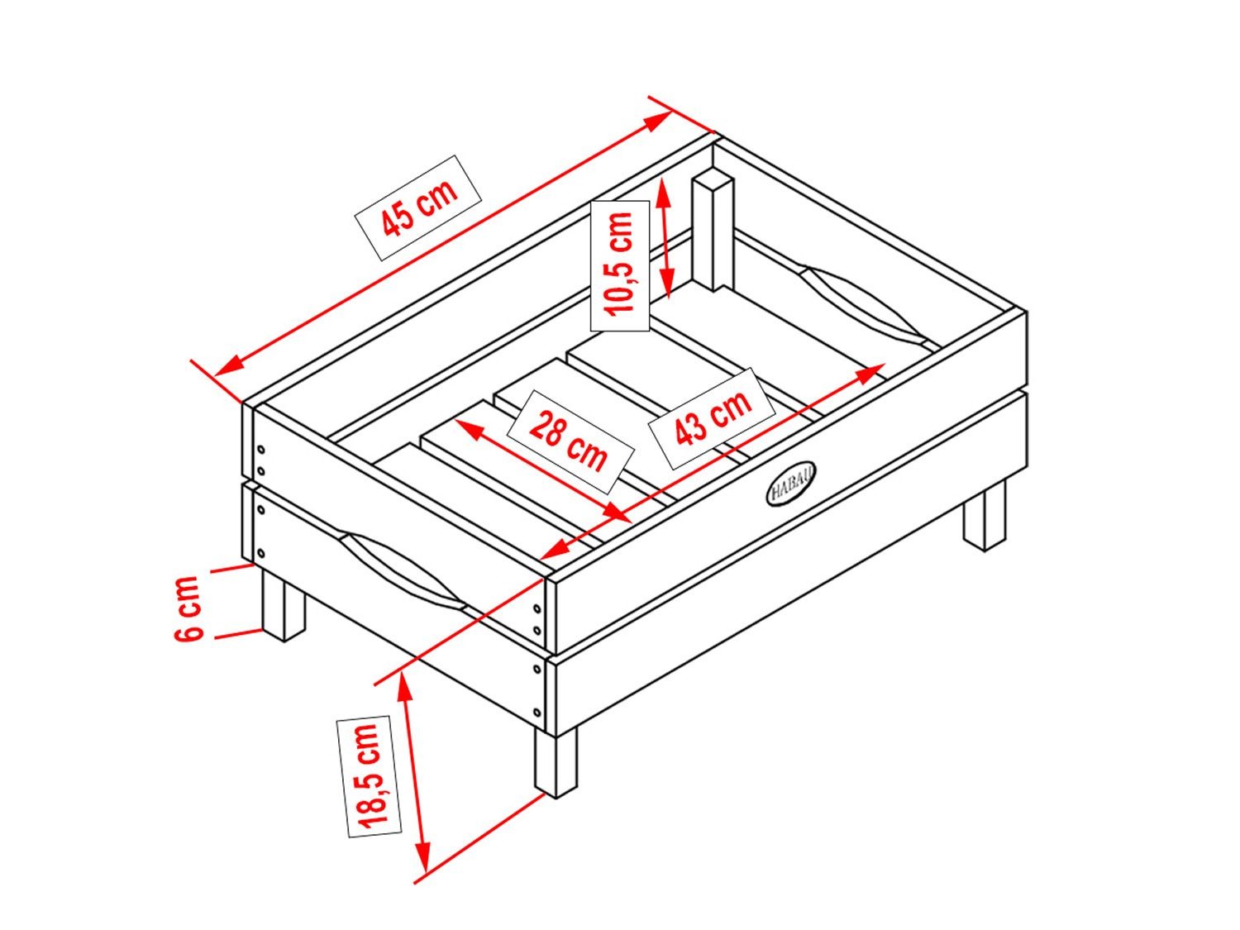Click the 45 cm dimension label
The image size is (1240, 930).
click(x=418, y=207)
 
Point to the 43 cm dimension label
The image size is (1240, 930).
click(x=713, y=417)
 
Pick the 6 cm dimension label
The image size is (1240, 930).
click(x=188, y=608)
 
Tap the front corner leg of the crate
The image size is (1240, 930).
click(x=556, y=762)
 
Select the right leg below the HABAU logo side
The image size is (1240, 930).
click(x=985, y=516)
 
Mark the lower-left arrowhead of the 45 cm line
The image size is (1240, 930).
click(x=227, y=367)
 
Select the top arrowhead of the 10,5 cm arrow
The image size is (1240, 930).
click(x=663, y=192)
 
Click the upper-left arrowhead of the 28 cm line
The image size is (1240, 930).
click(x=468, y=427)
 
